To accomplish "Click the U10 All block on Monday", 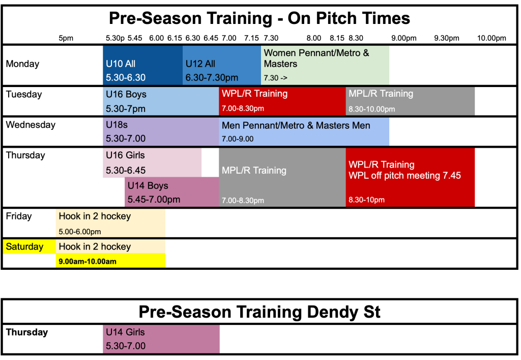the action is pos(142,65).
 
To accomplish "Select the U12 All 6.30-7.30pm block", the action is pos(222,65).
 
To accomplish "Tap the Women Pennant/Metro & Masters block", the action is pos(325,65).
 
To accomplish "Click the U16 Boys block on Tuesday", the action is pos(161,101).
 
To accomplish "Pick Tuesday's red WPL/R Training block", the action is pos(282,101).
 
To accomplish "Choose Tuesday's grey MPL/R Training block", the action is pos(411,101).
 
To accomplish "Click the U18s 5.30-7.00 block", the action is pos(161,131).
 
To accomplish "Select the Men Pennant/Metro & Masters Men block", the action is pos(304,131).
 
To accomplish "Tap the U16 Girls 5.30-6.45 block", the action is pos(152,163).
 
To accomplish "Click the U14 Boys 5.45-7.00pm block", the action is pos(172,192).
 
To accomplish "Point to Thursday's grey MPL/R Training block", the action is pos(282,178).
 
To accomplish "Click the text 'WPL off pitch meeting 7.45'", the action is pos(404,176).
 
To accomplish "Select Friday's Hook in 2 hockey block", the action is pos(110,223).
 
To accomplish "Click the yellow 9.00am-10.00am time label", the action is pos(88,262).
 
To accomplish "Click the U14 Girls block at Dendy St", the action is pos(161,339).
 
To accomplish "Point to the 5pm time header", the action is pos(66,38).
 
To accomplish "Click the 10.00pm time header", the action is pos(491,38).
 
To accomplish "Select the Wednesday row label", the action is pos(31,125).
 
